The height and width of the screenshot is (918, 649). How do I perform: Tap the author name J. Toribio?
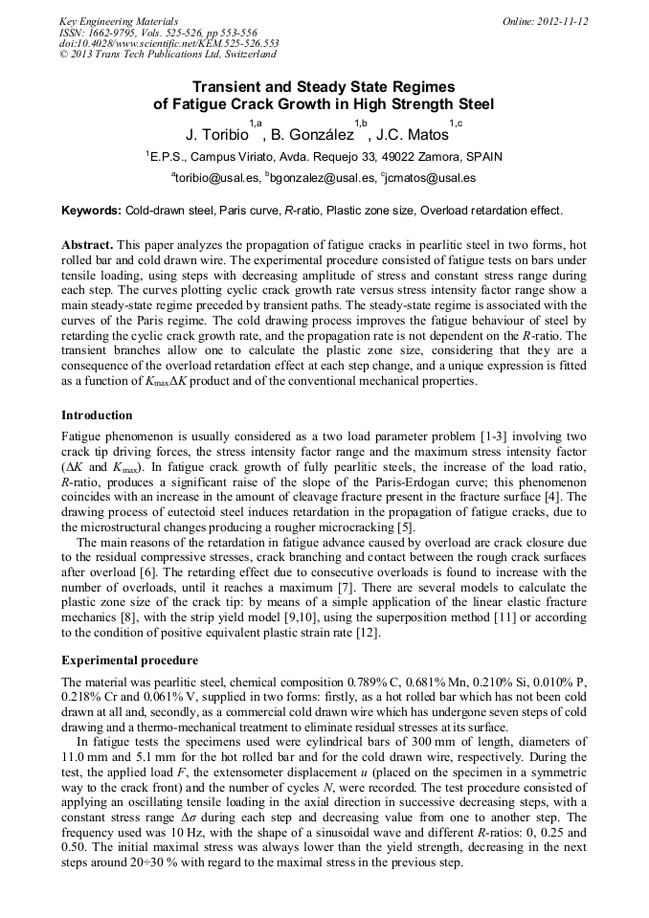point(216,134)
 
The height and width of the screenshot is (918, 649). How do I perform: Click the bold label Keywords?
point(91,210)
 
